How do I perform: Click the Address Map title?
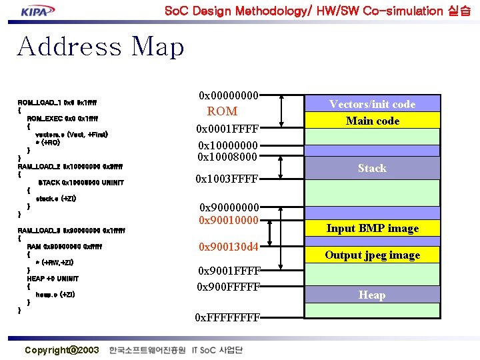point(100,47)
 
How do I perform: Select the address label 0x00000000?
point(229,96)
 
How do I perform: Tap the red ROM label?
point(222,111)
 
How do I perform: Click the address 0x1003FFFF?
point(227,179)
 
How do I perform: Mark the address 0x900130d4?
point(228,247)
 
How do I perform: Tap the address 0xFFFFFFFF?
point(227,317)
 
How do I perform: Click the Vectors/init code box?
point(372,104)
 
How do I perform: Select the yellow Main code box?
point(372,121)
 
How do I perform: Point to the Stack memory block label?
point(372,168)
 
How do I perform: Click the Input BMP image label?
point(372,228)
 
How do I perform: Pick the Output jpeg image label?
point(372,255)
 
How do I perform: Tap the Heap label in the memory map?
point(372,295)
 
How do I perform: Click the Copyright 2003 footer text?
point(61,350)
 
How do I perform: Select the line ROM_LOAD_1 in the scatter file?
point(57,102)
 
